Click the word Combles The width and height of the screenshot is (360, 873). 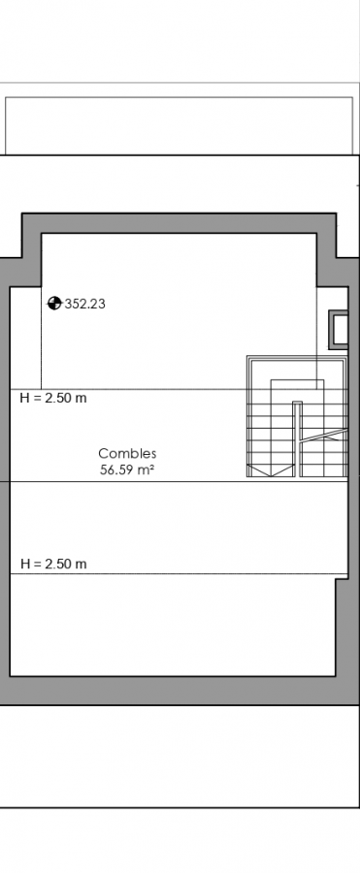click(x=127, y=454)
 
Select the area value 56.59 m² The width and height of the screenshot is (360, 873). click(x=127, y=469)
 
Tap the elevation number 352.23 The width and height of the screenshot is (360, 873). click(x=85, y=304)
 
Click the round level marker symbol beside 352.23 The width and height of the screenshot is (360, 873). click(x=54, y=304)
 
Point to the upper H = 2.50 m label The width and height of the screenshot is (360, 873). click(x=53, y=398)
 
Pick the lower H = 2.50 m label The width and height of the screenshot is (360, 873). click(x=53, y=564)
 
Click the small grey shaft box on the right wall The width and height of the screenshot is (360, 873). click(x=339, y=330)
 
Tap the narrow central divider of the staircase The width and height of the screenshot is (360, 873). click(x=297, y=439)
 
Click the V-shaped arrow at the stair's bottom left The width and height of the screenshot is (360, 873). click(x=271, y=471)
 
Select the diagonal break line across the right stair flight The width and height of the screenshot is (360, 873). click(x=324, y=435)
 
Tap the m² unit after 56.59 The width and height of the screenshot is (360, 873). click(x=146, y=469)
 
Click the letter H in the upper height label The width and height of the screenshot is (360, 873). click(x=24, y=398)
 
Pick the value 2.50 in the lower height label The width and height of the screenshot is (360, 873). click(x=57, y=564)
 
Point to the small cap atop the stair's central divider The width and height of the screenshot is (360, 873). click(x=297, y=403)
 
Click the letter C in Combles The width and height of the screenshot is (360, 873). click(x=103, y=454)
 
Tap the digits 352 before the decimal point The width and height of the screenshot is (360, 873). click(x=75, y=304)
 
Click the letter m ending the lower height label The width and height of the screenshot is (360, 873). click(x=82, y=565)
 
